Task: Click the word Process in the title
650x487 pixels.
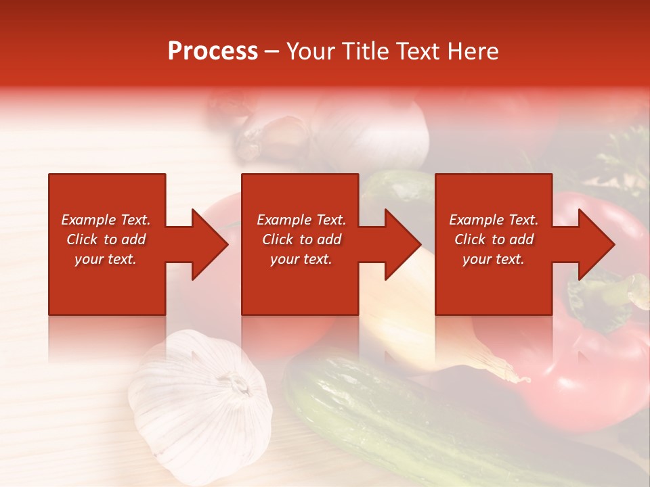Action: [x=213, y=51]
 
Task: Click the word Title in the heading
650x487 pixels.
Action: [x=360, y=51]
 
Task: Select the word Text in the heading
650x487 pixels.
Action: [x=416, y=51]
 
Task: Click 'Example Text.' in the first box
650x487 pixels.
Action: [x=106, y=220]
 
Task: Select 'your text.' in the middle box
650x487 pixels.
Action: [x=301, y=259]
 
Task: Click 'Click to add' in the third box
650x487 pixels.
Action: [x=494, y=239]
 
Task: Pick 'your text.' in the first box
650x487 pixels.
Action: [x=106, y=259]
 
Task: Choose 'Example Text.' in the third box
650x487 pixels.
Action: [x=494, y=220]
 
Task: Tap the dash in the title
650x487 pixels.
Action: [x=272, y=52]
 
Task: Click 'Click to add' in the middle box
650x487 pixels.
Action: [x=301, y=239]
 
